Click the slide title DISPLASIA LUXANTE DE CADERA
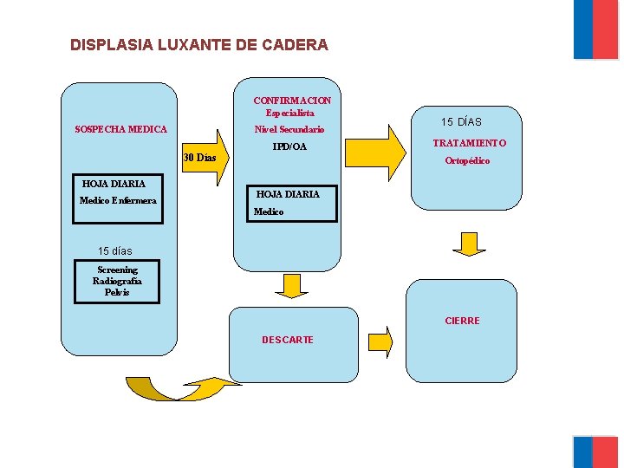pos(199,44)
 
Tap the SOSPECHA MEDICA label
pos(120,129)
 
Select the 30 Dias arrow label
pos(200,158)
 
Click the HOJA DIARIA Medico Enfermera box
pos(118,192)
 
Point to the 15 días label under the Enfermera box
pos(115,251)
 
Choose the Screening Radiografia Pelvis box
pos(117,281)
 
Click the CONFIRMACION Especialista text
pos(291,107)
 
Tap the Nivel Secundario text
pos(289,130)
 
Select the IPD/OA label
pos(289,147)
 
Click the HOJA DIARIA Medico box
pos(286,203)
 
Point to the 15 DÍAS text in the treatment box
pos(461,122)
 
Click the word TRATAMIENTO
pos(469,143)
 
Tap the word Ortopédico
pos(467,161)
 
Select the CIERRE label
pos(462,321)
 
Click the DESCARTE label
pos(288,340)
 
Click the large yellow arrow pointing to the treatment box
pos(374,154)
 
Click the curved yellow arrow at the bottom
pos(178,387)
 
